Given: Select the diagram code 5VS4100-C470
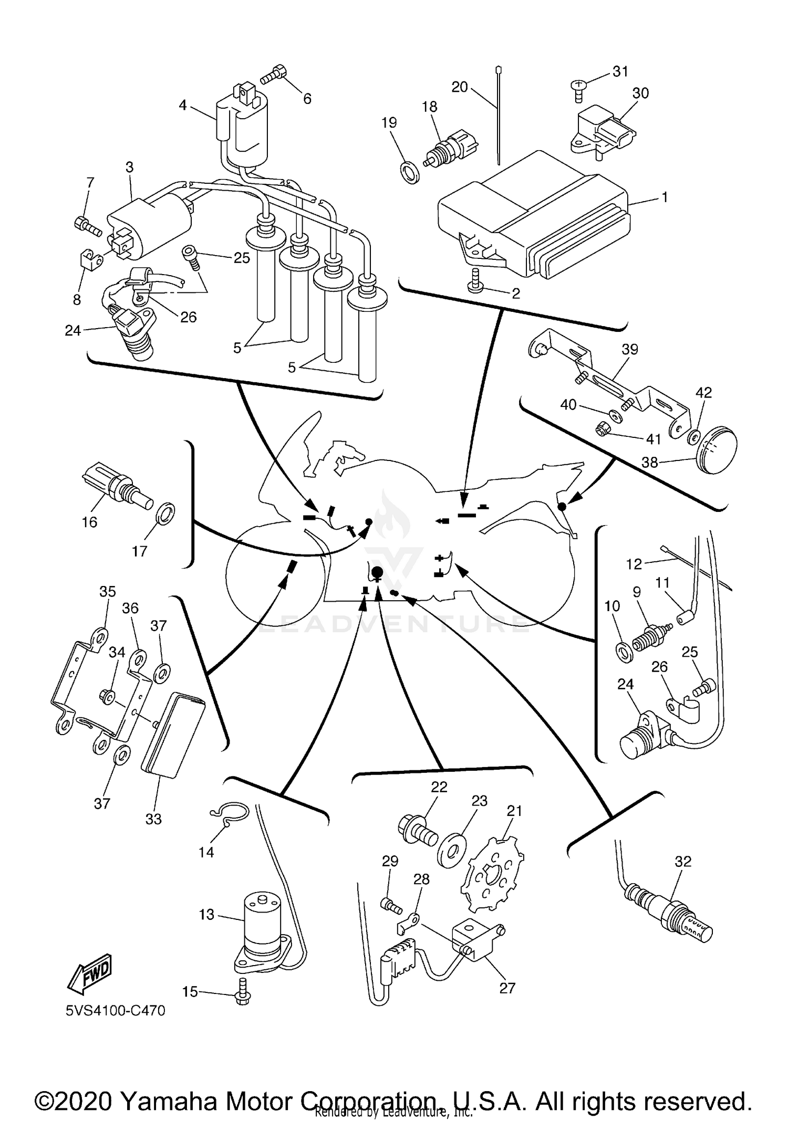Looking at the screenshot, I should [116, 1010].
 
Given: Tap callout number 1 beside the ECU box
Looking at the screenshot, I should [665, 197].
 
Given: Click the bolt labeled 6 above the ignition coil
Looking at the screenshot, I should [273, 76].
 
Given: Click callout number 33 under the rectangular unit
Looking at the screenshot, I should [153, 819].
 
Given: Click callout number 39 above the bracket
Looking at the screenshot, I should [629, 349].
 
